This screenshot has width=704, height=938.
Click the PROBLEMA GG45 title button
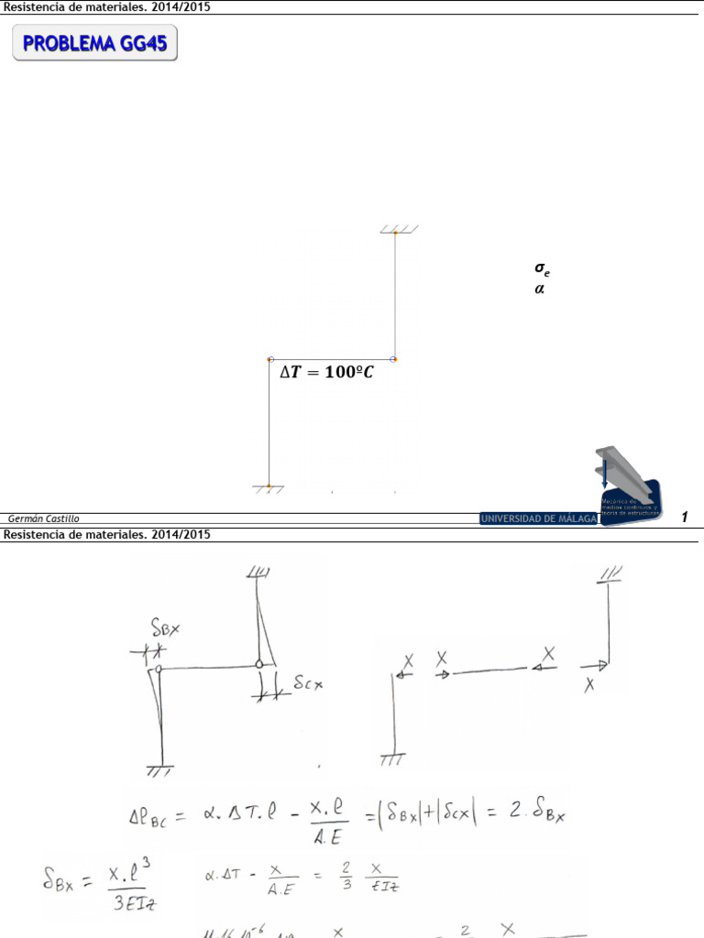click(x=94, y=43)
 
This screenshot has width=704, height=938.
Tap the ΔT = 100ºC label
click(x=326, y=373)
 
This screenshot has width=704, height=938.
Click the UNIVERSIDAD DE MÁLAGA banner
click(x=537, y=518)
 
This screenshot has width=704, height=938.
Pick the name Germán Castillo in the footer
click(x=43, y=518)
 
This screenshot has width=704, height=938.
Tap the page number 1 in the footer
click(x=684, y=518)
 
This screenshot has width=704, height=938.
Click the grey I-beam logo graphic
click(x=621, y=474)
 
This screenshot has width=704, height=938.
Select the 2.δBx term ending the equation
click(x=535, y=812)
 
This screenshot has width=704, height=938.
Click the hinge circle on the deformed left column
click(x=159, y=670)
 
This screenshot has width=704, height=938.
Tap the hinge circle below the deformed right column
click(x=259, y=664)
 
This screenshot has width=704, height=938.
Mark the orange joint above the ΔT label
click(x=270, y=359)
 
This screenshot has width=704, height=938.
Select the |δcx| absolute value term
click(x=454, y=812)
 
